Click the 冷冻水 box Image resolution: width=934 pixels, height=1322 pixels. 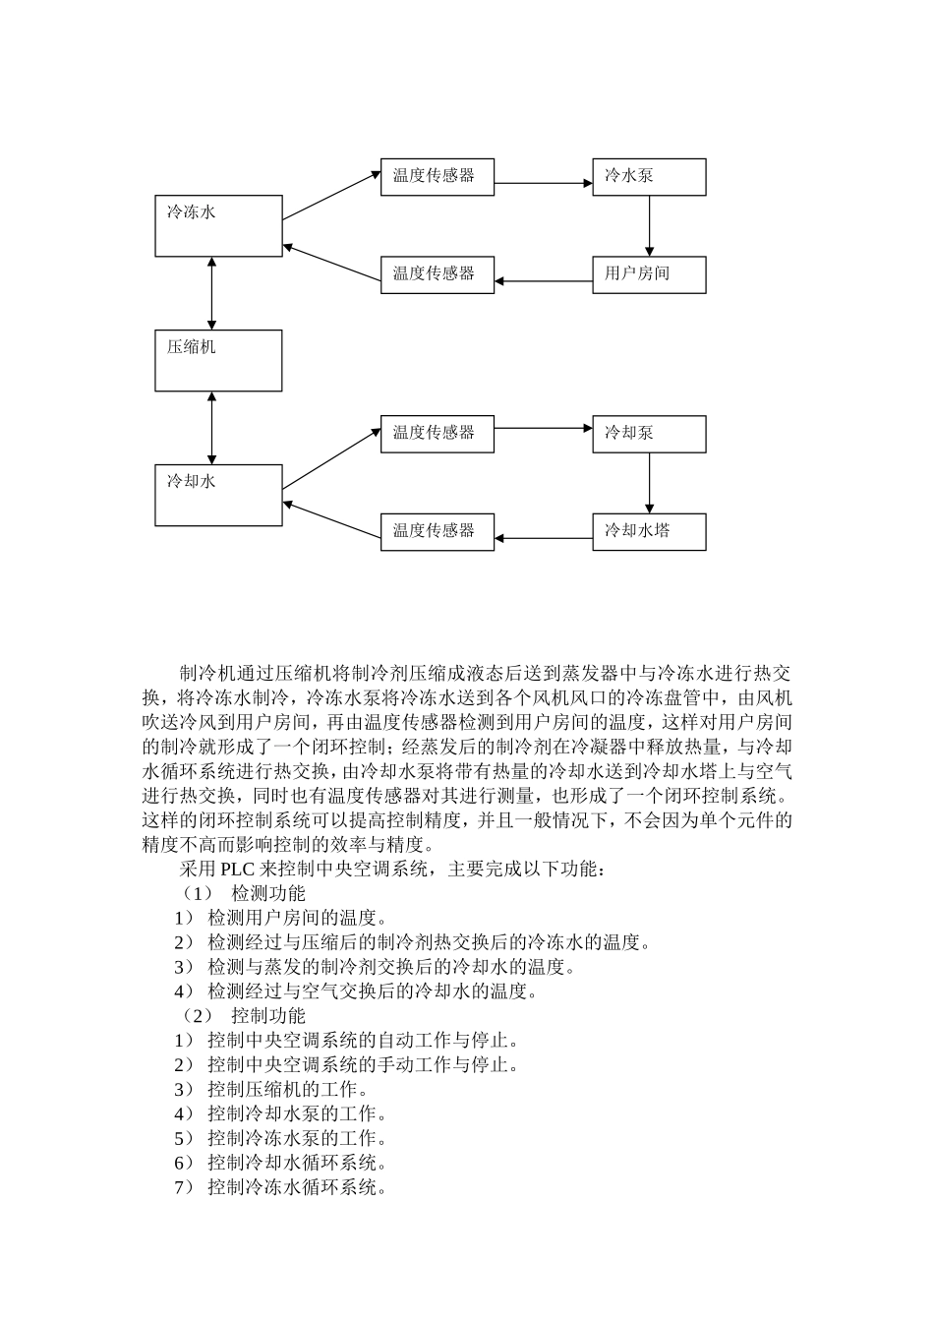click(218, 226)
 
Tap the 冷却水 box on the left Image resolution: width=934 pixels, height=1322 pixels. click(218, 495)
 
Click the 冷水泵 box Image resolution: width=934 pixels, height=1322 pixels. click(649, 177)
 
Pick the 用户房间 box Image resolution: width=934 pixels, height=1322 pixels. click(649, 274)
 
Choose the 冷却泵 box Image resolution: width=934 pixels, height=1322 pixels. click(649, 434)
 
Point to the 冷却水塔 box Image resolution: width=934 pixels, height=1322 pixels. click(649, 531)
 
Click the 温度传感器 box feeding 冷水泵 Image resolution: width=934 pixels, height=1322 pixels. click(437, 177)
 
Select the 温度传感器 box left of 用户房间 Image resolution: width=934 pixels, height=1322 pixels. click(437, 274)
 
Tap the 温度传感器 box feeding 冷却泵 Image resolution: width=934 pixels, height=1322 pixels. click(437, 434)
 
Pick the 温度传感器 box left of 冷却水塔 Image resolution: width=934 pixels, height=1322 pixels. click(437, 531)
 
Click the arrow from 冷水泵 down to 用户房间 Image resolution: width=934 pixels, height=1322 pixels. click(649, 226)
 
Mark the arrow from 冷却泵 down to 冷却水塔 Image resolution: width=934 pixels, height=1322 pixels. click(649, 483)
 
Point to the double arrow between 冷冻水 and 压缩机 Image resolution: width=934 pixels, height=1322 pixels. click(212, 293)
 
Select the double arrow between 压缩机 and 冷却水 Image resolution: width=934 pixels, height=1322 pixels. click(212, 427)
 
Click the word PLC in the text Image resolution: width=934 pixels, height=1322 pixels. click(238, 870)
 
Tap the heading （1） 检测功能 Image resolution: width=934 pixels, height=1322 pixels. click(242, 893)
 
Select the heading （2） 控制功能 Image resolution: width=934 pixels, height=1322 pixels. click(242, 1016)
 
